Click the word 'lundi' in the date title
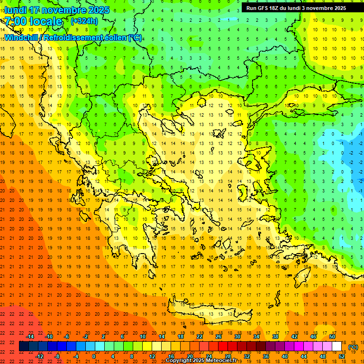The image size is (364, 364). pos(15,10)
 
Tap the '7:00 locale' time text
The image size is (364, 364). pos(33,21)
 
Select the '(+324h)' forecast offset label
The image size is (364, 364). pos(84,21)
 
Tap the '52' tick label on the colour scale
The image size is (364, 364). pos(342,356)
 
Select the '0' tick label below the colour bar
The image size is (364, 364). pos(93,356)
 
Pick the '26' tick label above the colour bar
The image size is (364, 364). pos(218,337)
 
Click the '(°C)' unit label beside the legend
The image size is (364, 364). pos(353,347)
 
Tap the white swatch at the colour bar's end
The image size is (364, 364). pos(337,346)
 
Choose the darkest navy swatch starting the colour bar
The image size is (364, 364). pos(24,346)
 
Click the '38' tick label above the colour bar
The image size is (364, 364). pos(275,337)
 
